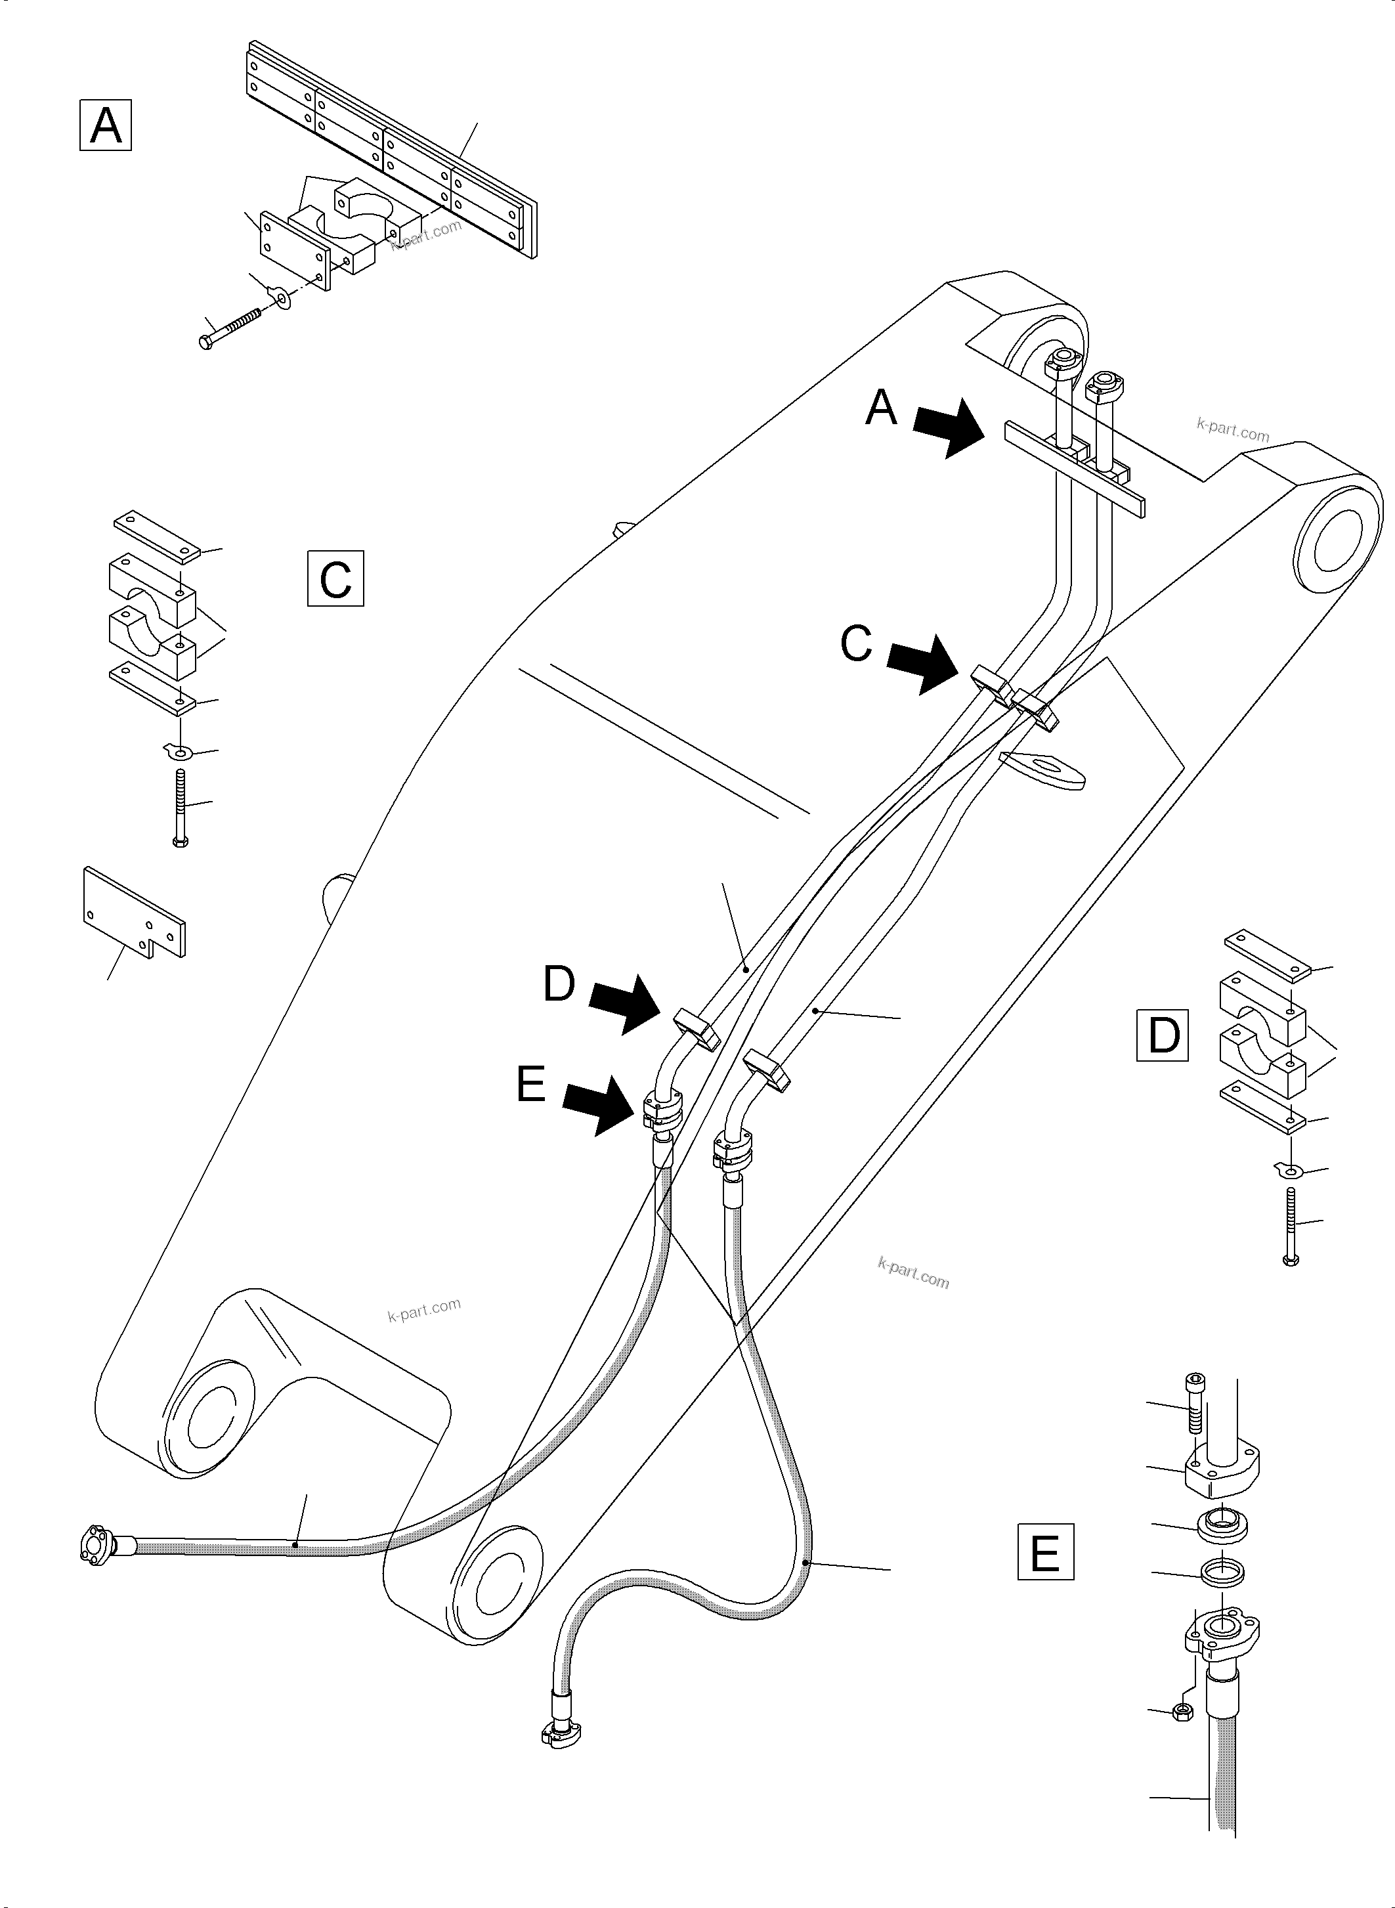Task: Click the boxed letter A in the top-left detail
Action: pos(106,125)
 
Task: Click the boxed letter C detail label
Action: pos(335,578)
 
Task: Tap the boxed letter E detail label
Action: pos(1045,1551)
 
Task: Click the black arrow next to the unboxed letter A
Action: pos(950,428)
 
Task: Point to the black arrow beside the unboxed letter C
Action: pos(924,664)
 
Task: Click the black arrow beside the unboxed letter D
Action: pos(625,1005)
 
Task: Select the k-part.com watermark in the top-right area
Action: pos(1232,431)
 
